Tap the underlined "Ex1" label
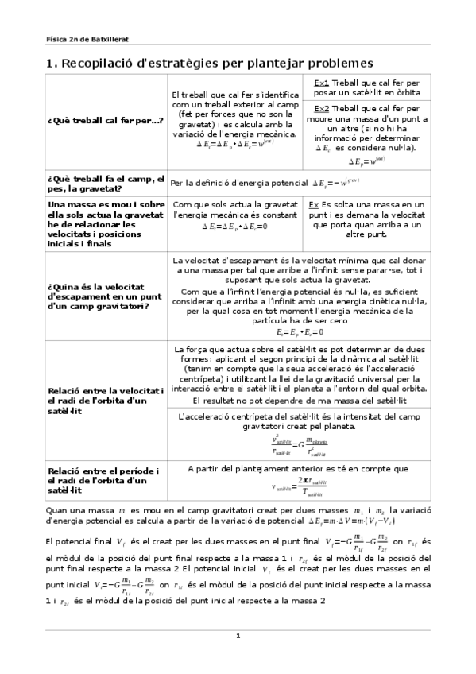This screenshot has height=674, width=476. click(321, 83)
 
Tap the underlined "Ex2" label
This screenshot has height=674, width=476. click(322, 108)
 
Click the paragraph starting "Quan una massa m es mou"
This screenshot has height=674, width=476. click(238, 513)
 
